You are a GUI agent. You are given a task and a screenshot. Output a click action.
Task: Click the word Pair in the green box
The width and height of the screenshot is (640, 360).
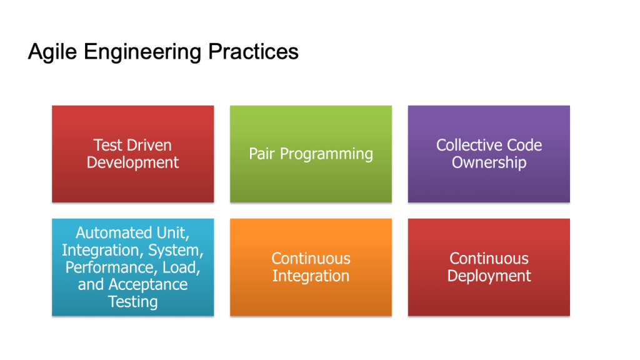pyautogui.click(x=262, y=154)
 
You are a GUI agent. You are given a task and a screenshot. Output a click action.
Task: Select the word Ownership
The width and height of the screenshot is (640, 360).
pyautogui.click(x=489, y=162)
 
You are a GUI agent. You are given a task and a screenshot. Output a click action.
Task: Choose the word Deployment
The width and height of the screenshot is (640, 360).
pyautogui.click(x=489, y=276)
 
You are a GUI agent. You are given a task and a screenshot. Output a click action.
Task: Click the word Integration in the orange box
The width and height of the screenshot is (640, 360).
pyautogui.click(x=311, y=276)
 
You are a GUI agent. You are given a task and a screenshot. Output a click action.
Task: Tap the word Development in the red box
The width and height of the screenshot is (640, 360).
pyautogui.click(x=132, y=162)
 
